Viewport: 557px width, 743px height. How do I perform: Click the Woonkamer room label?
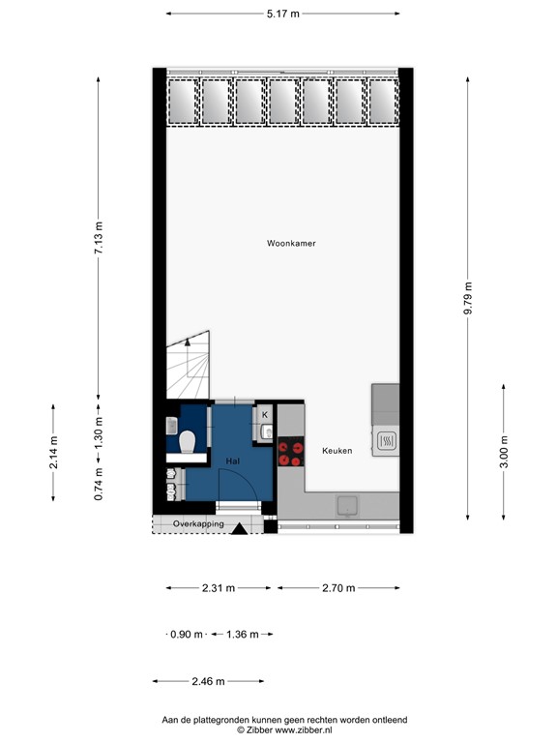(291, 244)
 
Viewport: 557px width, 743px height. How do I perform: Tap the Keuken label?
(337, 451)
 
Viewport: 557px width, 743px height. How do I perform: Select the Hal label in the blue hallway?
(233, 461)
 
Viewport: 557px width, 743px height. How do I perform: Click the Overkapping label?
(198, 524)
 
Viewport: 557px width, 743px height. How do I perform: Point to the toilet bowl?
(188, 442)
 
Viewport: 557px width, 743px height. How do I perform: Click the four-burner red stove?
(290, 453)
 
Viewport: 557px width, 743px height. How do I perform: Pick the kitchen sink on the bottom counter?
(347, 503)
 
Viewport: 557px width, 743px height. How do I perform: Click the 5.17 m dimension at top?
(282, 14)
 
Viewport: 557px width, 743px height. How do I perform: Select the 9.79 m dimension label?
(469, 299)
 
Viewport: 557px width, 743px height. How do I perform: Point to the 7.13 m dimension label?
(98, 237)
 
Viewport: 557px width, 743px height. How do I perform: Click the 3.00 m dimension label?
(505, 451)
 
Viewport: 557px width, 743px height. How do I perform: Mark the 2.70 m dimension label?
(337, 587)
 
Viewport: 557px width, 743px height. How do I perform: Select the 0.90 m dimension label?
(187, 635)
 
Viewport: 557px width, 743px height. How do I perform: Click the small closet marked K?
(265, 416)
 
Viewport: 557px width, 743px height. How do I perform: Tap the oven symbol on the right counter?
(385, 441)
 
